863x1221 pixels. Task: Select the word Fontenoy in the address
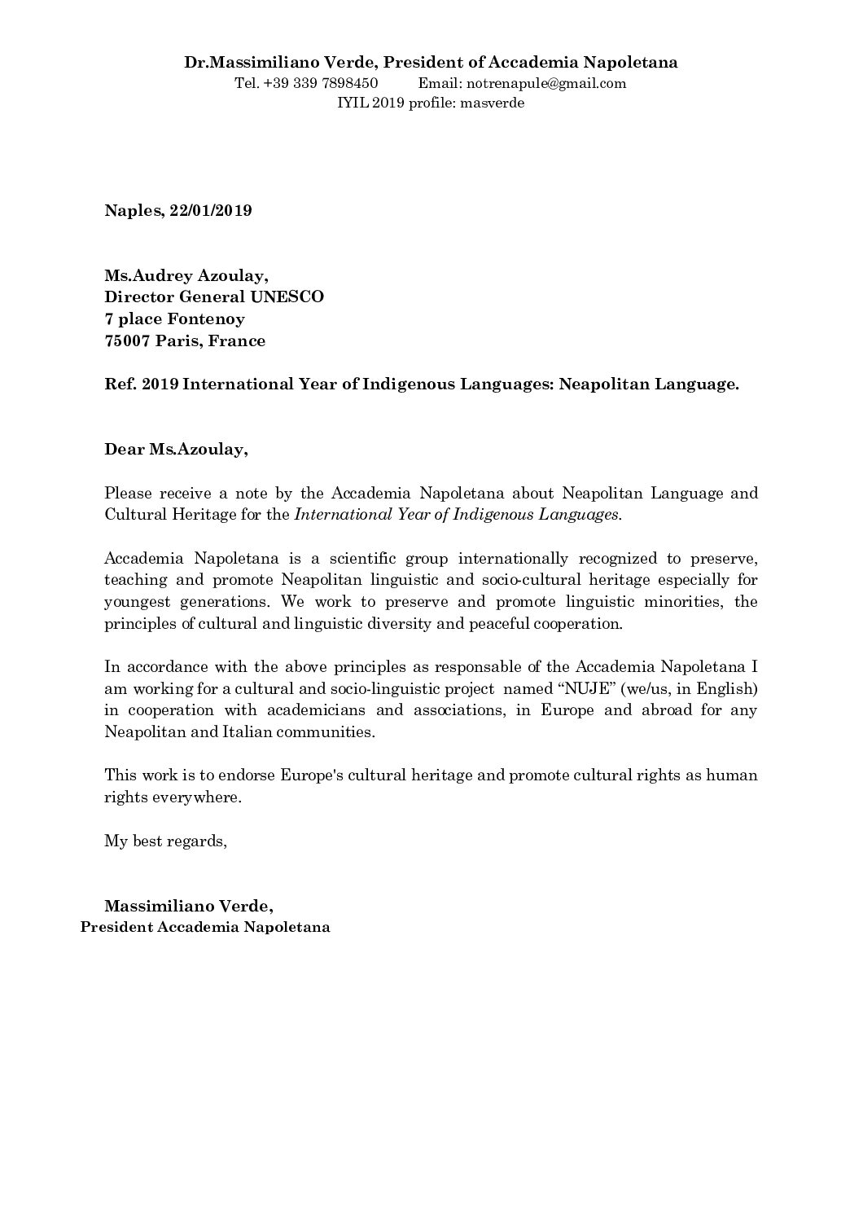coord(207,319)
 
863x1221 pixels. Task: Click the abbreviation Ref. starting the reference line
coord(119,385)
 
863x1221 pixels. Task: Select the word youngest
coord(134,603)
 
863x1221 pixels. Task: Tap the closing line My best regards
coord(165,841)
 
